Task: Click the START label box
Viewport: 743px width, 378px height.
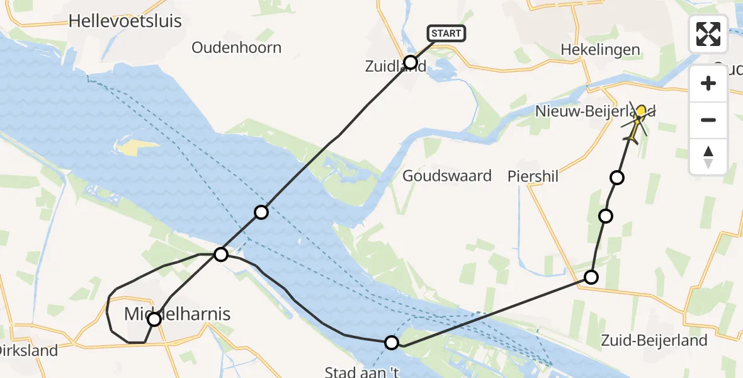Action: [x=446, y=33]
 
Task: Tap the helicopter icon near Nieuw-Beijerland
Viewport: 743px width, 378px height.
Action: [x=637, y=122]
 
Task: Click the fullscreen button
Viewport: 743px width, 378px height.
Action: [x=709, y=34]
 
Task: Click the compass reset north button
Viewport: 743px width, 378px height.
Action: [x=709, y=156]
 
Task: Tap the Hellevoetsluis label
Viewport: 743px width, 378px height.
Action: [x=125, y=21]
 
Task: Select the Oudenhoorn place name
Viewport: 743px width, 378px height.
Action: [x=236, y=48]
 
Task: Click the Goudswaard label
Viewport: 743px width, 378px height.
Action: [x=447, y=176]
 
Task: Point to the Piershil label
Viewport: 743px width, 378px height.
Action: [x=533, y=177]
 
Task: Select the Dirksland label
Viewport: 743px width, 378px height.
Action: [x=28, y=351]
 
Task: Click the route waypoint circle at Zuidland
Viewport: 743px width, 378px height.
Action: [x=411, y=62]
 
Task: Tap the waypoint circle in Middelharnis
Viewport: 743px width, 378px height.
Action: [x=154, y=319]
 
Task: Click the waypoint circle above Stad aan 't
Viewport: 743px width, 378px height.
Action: [x=392, y=342]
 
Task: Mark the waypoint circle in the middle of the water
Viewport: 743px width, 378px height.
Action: [x=261, y=212]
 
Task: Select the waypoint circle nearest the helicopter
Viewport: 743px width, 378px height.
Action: [x=617, y=178]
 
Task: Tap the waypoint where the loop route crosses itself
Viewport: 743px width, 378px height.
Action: [x=221, y=255]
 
